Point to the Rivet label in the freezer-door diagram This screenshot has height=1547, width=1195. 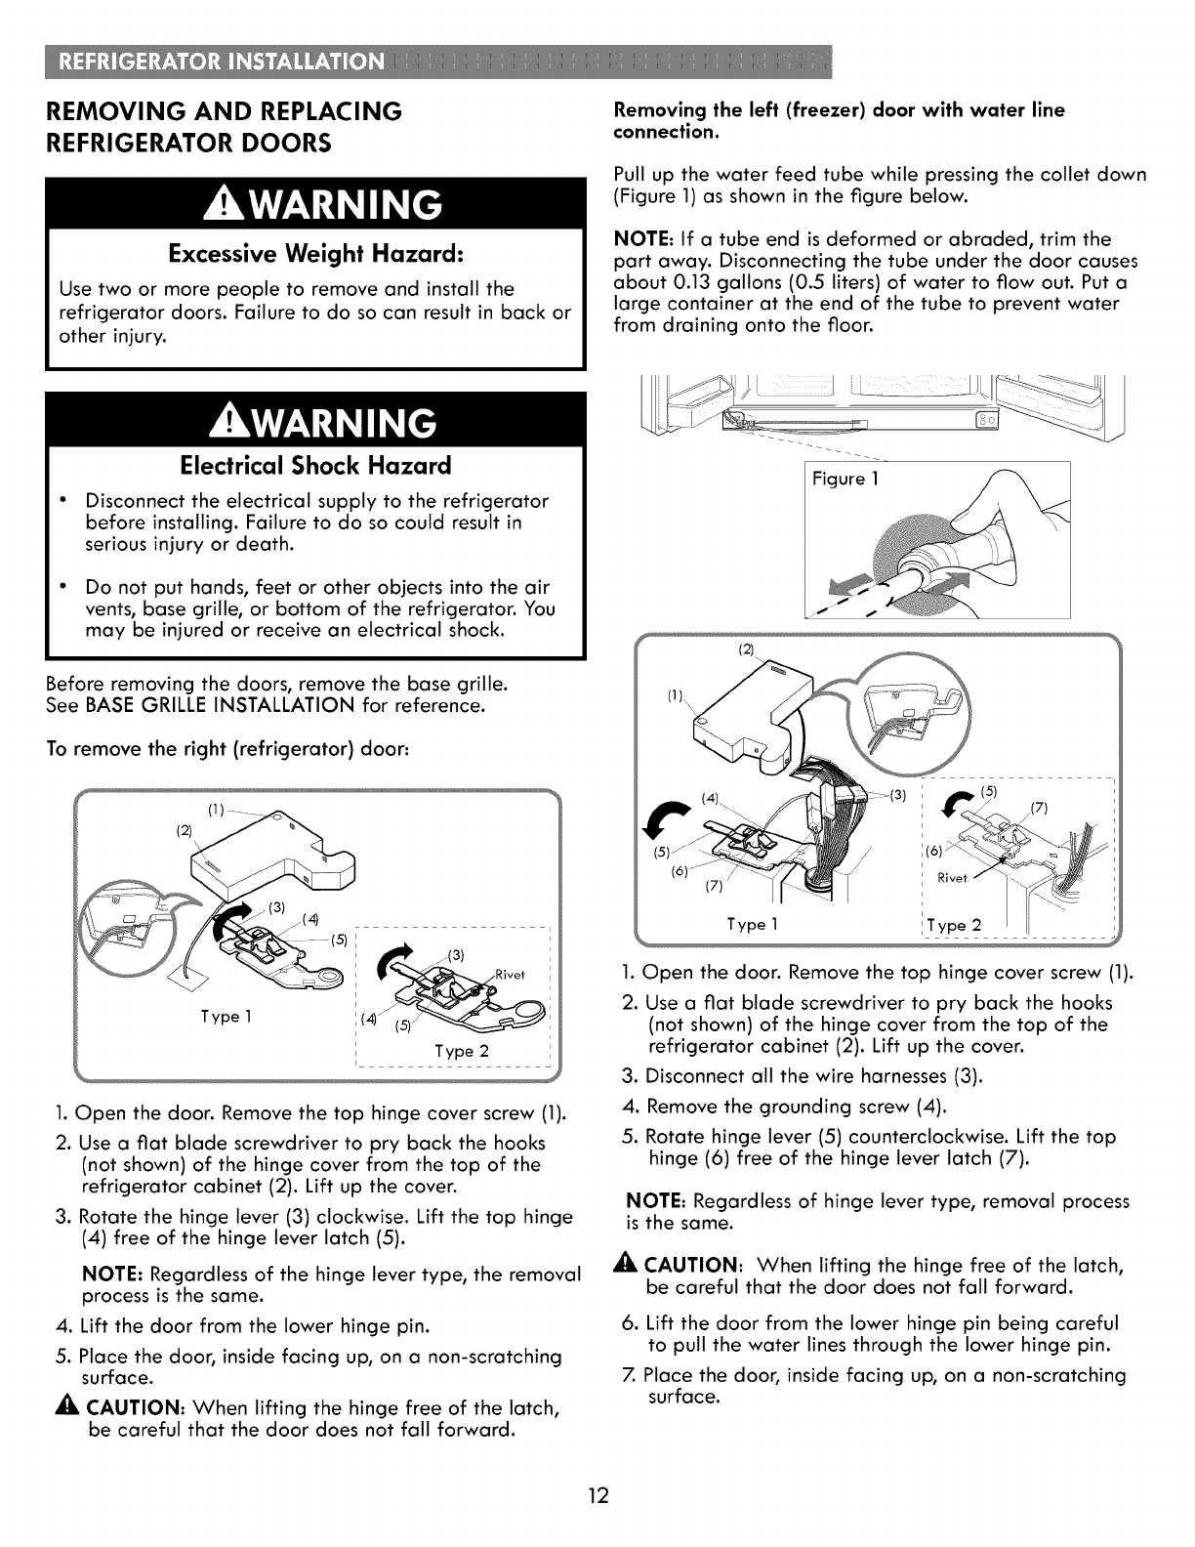[951, 877]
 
